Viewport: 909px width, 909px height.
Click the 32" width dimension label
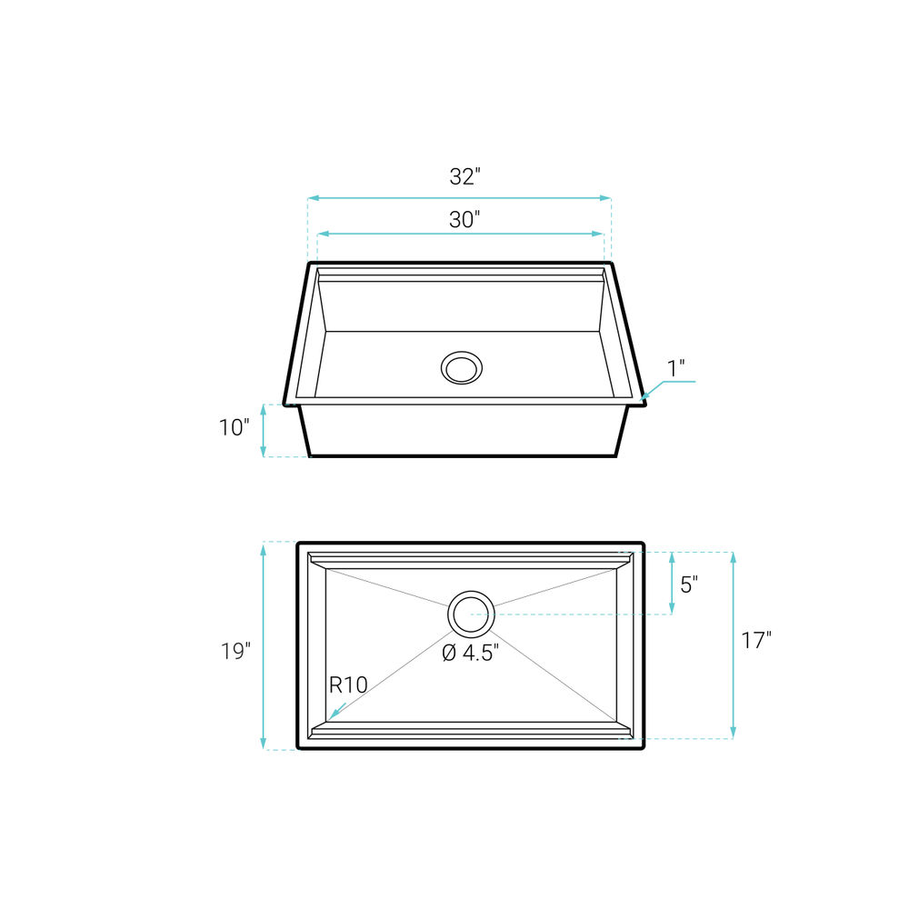[464, 176]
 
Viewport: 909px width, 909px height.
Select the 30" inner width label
[464, 220]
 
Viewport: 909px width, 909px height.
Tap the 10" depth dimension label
[235, 428]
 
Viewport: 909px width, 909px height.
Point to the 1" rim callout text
[676, 368]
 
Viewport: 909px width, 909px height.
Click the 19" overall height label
[235, 651]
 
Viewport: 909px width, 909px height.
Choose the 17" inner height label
[756, 640]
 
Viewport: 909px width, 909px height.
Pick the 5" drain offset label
[689, 584]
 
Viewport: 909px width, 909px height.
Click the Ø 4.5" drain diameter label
[470, 653]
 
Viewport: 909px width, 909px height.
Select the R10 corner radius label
[348, 685]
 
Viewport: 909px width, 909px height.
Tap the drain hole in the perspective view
[462, 367]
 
